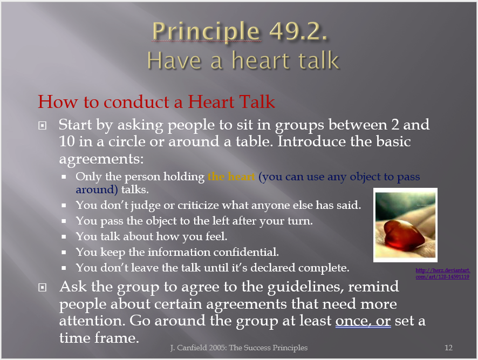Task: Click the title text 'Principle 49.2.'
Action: (240, 32)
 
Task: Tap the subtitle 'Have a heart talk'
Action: (243, 60)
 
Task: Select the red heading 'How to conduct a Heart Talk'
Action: (156, 101)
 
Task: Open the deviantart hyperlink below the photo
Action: (442, 273)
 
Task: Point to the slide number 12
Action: (448, 348)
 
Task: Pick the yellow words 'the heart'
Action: (231, 176)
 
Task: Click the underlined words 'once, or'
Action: (363, 321)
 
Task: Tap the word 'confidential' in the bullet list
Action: (244, 252)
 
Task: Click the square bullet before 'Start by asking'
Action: (43, 125)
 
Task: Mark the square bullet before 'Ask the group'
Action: (43, 287)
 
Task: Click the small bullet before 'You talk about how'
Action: (64, 237)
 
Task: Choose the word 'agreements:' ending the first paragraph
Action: (101, 159)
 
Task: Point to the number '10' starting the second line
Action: (67, 141)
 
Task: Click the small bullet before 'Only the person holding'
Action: (64, 176)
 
